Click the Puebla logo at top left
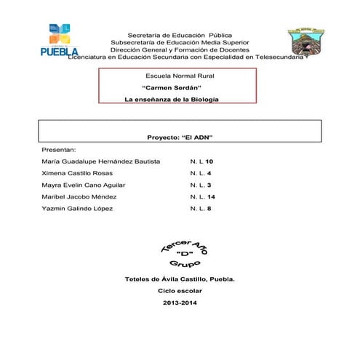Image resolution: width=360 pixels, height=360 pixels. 59,41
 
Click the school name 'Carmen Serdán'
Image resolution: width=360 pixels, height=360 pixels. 171,87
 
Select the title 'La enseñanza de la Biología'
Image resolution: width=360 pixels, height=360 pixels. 172,99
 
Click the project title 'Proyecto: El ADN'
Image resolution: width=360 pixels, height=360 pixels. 180,137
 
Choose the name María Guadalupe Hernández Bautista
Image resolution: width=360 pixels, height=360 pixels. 101,161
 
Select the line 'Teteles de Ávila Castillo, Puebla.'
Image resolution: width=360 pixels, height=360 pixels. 180,279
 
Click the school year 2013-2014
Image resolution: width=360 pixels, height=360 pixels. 180,302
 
